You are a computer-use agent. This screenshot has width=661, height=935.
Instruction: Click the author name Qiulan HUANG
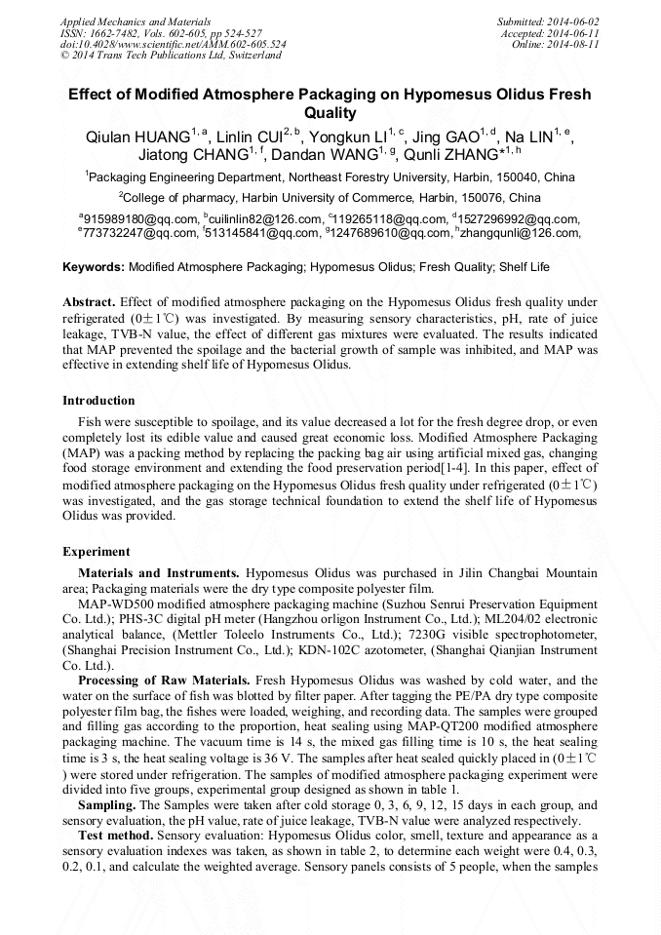click(x=137, y=136)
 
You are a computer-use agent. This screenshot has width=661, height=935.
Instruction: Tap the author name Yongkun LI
click(x=344, y=136)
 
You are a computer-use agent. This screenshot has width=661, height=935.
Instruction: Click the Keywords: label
click(x=94, y=266)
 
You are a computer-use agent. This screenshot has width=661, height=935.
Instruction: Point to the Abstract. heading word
click(x=90, y=303)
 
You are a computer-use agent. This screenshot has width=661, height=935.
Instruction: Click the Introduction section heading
click(x=98, y=401)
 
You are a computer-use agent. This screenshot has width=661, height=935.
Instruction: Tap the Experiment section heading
click(x=96, y=551)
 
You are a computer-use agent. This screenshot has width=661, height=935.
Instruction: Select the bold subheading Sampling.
click(x=107, y=805)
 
